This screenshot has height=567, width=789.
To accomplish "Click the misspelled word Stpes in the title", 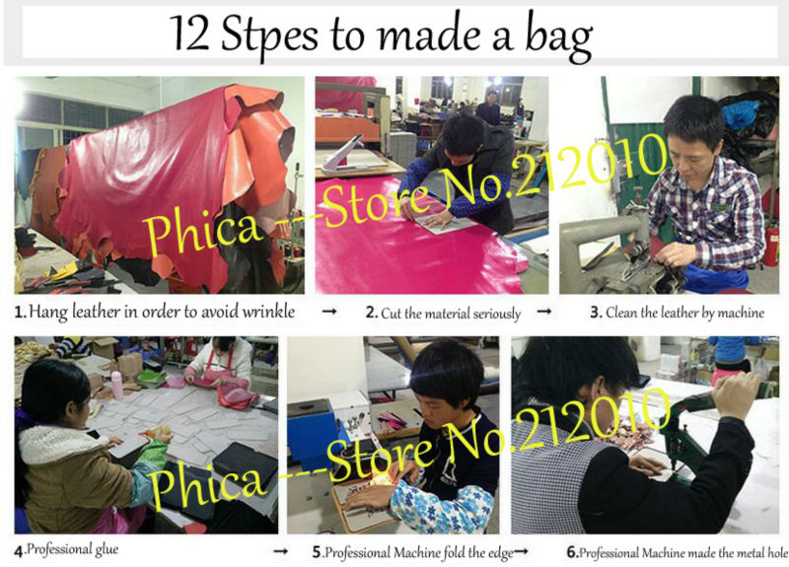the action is click(x=269, y=35).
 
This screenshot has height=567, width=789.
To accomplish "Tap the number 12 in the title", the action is click(x=189, y=34).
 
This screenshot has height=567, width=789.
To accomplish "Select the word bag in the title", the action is click(x=558, y=38).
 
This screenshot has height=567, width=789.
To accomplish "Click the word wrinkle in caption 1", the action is click(x=268, y=312).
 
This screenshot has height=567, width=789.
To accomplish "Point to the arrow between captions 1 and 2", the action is click(x=329, y=312).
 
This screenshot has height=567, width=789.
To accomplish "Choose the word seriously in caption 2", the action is click(x=496, y=314).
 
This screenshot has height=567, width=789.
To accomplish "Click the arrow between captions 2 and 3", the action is click(x=544, y=312).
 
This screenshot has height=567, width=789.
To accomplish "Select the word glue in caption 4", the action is click(x=107, y=549).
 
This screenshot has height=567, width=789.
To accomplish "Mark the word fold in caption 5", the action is click(x=454, y=552).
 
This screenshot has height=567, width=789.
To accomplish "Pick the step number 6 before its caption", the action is click(x=572, y=552).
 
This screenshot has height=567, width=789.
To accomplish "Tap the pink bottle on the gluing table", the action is click(x=116, y=385).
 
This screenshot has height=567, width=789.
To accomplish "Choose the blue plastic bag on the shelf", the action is click(x=742, y=113).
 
